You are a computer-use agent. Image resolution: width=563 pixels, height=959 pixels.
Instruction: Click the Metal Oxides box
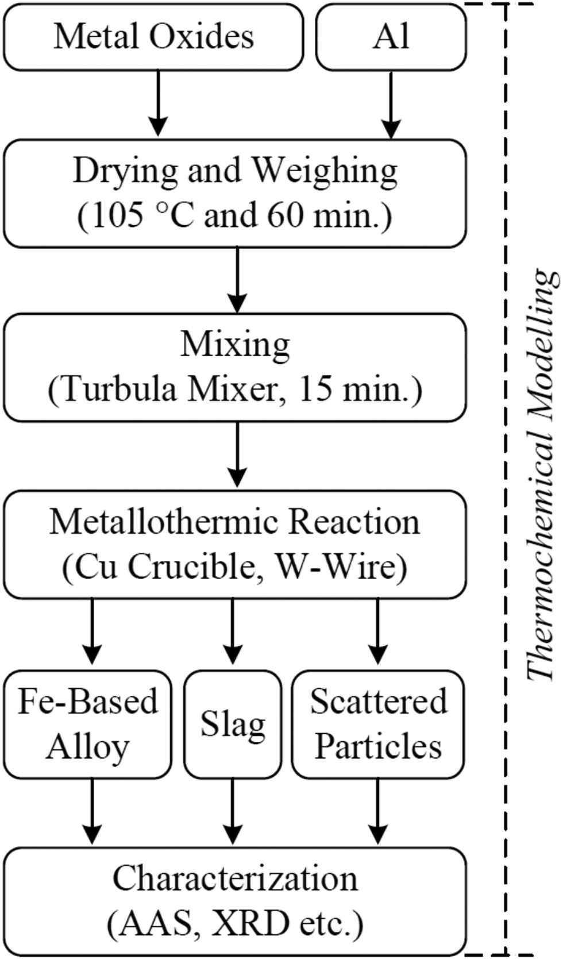[x=153, y=37]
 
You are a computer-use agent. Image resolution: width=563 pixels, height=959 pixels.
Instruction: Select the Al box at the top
[x=391, y=37]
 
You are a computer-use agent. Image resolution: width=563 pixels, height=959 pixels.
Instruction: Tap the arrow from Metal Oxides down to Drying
[x=158, y=103]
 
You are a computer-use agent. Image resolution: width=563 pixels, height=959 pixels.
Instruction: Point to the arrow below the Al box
[x=391, y=105]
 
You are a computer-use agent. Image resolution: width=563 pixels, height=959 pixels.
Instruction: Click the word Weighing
[x=325, y=171]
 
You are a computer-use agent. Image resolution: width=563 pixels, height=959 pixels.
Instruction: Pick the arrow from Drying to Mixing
[x=237, y=280]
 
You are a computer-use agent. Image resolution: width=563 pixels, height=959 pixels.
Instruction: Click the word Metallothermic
[x=165, y=522]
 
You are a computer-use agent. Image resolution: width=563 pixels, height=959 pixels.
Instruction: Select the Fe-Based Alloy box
[x=87, y=724]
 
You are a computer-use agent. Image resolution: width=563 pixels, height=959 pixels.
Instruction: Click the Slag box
[x=233, y=724]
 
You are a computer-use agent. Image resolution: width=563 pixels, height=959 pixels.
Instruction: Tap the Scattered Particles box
[x=378, y=724]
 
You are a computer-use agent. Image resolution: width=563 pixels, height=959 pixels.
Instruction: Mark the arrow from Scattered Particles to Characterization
[x=377, y=811]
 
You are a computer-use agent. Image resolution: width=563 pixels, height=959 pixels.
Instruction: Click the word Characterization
[x=235, y=879]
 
